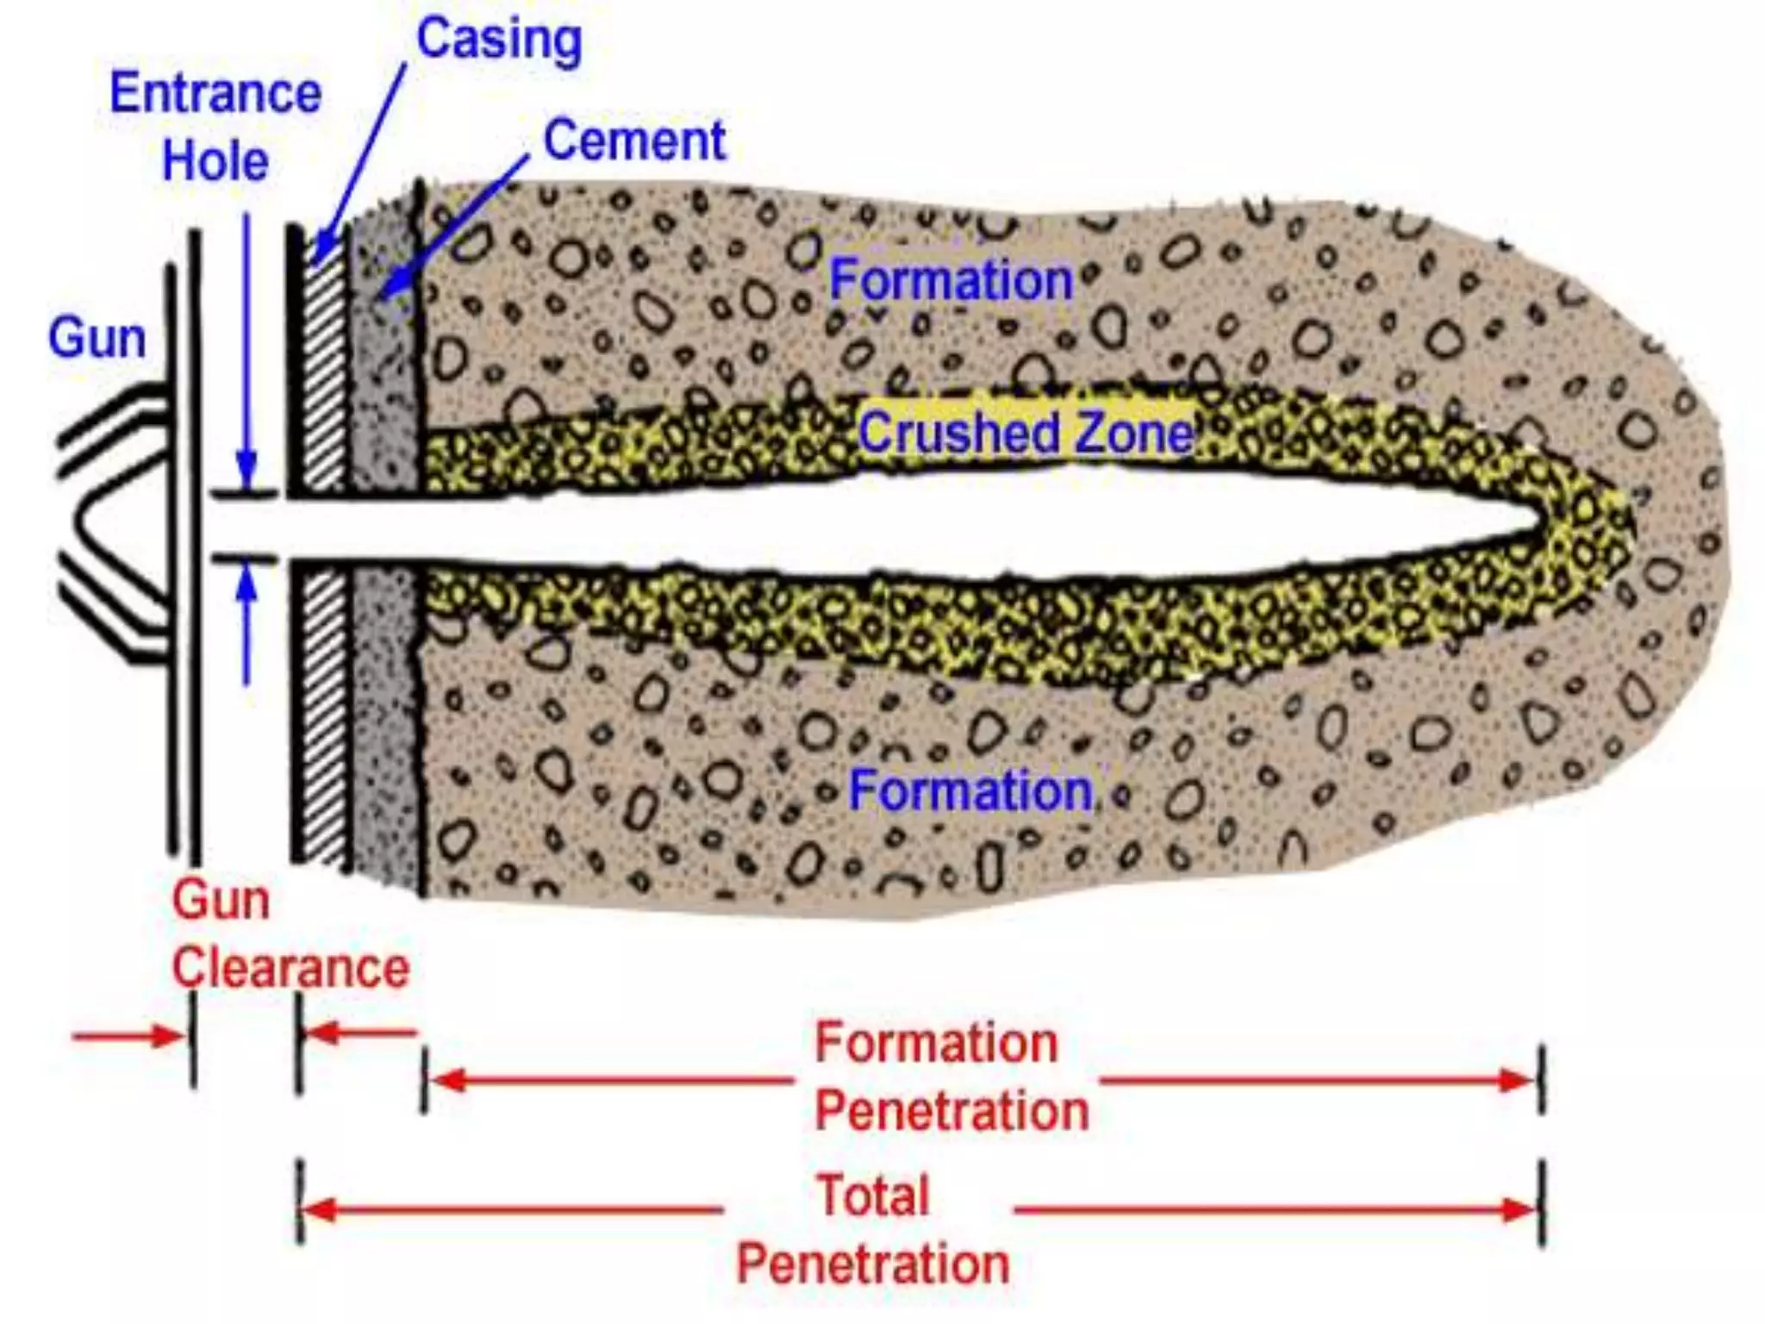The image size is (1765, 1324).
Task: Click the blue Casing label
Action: [x=499, y=40]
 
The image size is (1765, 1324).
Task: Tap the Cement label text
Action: [x=634, y=141]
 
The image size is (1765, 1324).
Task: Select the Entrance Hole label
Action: [x=215, y=127]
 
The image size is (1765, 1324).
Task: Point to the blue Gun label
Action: [x=97, y=338]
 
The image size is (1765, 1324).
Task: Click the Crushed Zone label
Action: [x=1026, y=432]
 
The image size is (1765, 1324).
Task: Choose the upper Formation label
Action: [x=950, y=280]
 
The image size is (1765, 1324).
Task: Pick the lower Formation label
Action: [x=970, y=790]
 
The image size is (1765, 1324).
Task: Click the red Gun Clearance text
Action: [x=290, y=934]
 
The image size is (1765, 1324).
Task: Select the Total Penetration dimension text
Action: [x=872, y=1230]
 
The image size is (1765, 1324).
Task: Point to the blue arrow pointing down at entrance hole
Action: [x=247, y=470]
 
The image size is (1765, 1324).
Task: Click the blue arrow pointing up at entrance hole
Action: [x=247, y=587]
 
